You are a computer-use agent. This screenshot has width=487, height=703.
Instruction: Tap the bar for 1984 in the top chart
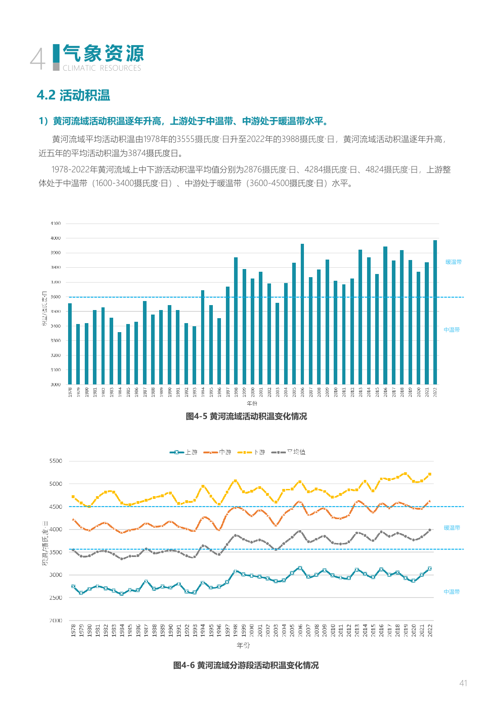[119, 358]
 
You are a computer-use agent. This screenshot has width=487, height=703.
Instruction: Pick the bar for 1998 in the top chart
[236, 321]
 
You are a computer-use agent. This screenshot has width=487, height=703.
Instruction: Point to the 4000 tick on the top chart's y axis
[55, 238]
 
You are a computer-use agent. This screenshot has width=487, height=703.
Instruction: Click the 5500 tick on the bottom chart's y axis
[56, 461]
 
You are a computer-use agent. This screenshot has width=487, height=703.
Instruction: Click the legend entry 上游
[184, 452]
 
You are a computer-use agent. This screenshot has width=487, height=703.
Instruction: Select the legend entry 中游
[217, 452]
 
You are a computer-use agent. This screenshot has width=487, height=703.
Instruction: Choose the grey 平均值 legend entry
[289, 452]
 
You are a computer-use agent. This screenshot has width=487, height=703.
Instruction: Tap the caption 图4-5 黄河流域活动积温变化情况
[246, 416]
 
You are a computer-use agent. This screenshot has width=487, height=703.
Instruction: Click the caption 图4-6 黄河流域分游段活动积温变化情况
[246, 665]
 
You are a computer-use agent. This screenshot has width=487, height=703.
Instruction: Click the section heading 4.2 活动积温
[74, 96]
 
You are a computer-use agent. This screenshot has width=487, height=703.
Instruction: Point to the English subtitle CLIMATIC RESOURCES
[102, 68]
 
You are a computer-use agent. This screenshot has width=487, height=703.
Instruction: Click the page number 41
[463, 683]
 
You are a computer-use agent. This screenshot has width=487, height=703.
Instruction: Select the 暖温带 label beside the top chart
[454, 262]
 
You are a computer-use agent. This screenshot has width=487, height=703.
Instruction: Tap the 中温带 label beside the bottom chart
[452, 592]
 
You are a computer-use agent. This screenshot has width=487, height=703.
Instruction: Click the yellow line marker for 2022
[430, 474]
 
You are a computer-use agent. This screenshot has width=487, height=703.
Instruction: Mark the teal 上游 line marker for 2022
[430, 569]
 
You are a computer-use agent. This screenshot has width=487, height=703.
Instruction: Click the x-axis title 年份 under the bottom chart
[243, 645]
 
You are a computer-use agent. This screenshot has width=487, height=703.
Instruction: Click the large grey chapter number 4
[38, 59]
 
